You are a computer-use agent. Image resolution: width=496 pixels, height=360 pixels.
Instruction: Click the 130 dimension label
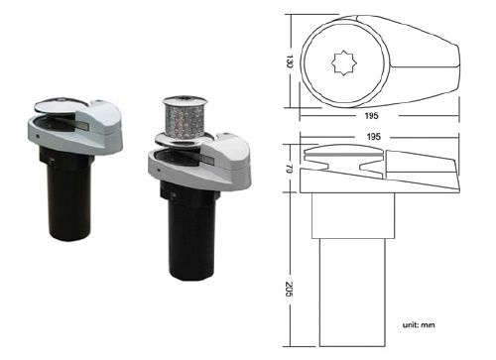[290, 61]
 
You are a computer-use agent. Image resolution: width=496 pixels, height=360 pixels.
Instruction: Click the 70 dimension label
[289, 169]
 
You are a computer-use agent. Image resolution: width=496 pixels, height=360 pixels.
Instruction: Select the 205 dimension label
[289, 290]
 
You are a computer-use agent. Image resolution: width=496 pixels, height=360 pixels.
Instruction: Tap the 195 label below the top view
[371, 116]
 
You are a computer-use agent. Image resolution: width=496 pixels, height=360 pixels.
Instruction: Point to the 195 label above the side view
[373, 137]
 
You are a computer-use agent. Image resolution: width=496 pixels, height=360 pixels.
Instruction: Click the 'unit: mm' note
[419, 325]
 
